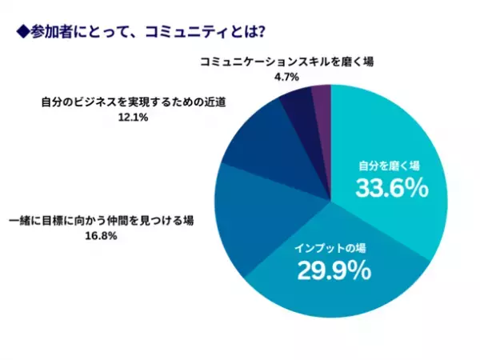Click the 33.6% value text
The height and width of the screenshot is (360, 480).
coord(388,190)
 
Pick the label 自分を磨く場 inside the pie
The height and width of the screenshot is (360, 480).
coord(388,166)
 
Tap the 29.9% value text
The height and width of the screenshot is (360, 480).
coord(334,270)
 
